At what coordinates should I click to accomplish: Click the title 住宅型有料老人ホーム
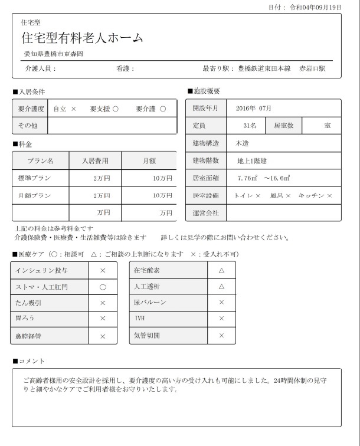(x=82, y=38)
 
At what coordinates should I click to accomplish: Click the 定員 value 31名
(x=250, y=126)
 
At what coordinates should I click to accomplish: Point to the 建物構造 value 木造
(x=242, y=143)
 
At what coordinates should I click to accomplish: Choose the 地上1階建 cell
(x=252, y=160)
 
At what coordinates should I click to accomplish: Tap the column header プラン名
(x=40, y=160)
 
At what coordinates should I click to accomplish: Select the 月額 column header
(x=149, y=160)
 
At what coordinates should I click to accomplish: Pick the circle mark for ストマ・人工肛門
(x=103, y=287)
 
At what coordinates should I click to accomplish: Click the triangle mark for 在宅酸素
(x=222, y=270)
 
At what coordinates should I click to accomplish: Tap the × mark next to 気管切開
(x=222, y=336)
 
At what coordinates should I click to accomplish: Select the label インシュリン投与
(x=41, y=270)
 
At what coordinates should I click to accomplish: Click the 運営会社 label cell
(x=206, y=213)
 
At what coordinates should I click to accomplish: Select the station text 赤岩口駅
(x=312, y=68)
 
